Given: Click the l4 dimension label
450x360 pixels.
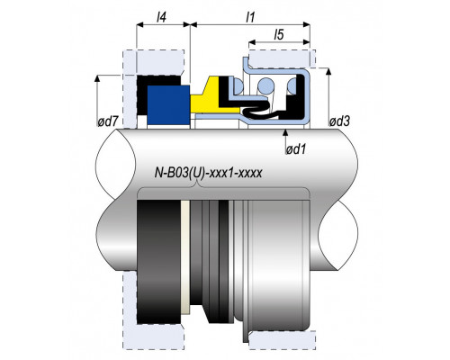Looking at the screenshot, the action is [x=161, y=18].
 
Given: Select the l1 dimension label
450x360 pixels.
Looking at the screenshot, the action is [x=250, y=17].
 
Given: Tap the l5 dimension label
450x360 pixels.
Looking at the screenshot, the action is [x=279, y=35].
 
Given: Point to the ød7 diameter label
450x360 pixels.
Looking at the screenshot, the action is [x=106, y=121].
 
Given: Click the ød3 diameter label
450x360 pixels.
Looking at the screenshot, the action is [x=339, y=121].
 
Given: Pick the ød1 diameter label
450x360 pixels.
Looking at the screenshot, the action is [x=296, y=149].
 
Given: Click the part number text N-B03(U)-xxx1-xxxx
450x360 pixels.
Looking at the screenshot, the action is [x=209, y=173].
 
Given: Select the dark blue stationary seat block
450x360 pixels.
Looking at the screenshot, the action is [x=168, y=105].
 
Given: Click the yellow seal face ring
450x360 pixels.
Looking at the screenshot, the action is [x=214, y=96].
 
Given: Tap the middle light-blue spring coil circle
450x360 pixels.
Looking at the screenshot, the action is [x=265, y=86].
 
